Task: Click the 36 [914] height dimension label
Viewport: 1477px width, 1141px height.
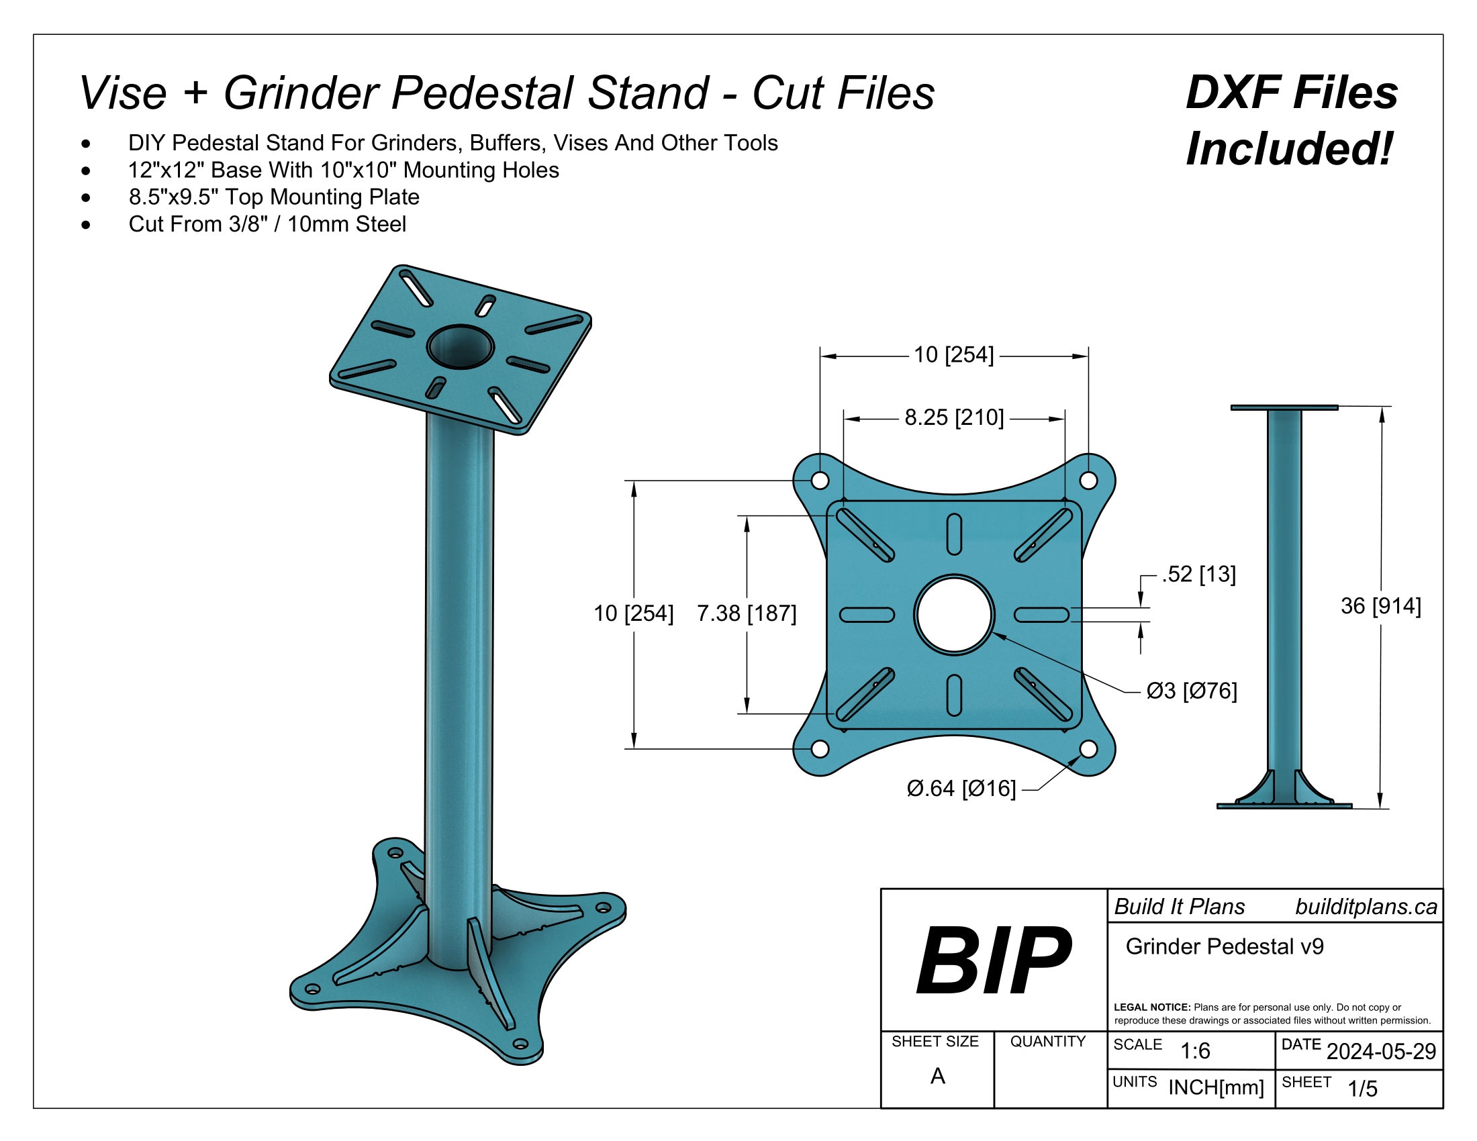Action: (1380, 605)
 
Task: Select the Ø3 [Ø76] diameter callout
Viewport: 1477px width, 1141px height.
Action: (1191, 691)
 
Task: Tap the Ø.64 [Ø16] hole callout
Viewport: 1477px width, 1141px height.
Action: (960, 788)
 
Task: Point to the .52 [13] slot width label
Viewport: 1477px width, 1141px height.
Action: (1198, 574)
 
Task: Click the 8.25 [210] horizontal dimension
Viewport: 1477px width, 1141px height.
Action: (953, 417)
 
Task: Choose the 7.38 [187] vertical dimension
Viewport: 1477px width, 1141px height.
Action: (746, 613)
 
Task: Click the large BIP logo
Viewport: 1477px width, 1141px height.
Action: (993, 960)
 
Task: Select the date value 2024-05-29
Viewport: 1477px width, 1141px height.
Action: (1380, 1051)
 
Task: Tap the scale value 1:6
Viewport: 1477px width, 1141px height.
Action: (1194, 1051)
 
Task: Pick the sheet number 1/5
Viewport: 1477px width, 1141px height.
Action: (1362, 1088)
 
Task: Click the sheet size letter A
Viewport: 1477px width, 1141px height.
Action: (937, 1075)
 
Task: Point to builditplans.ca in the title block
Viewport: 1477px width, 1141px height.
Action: (1366, 907)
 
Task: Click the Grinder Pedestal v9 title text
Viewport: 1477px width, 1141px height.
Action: (1224, 946)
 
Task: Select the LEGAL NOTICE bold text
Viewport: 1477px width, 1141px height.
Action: (1151, 1007)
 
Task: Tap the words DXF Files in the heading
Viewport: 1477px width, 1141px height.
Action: (1291, 93)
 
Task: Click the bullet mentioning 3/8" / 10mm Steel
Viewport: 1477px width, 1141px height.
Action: (267, 224)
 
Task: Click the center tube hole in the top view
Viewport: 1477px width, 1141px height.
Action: (953, 614)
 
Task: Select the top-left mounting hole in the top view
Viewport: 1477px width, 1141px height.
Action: (820, 481)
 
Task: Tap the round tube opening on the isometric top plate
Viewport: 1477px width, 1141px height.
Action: (461, 347)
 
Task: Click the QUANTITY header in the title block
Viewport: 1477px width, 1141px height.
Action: (1047, 1042)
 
